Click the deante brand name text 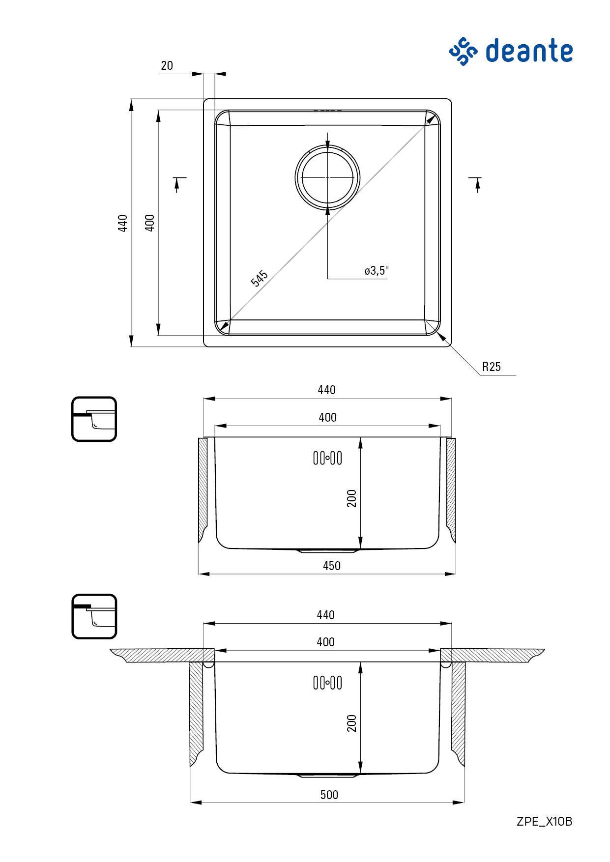(529, 51)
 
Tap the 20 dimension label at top (167, 65)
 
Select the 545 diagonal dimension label (259, 278)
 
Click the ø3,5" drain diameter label (377, 270)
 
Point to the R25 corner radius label (491, 367)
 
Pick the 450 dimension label (332, 566)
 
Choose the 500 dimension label (329, 795)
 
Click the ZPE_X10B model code (545, 821)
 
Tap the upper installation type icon (94, 419)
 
